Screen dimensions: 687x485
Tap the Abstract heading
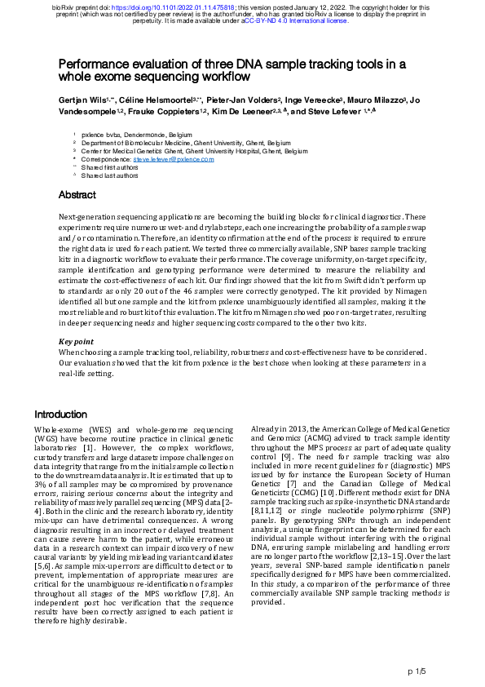pos(77,195)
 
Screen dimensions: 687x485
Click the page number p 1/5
pos(416,671)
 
